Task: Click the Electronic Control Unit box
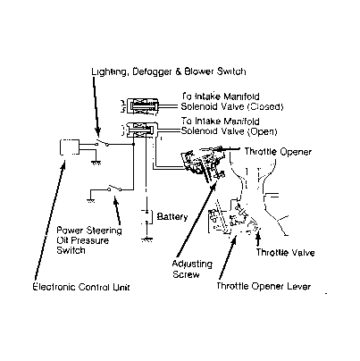point(70,147)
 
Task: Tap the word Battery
point(172,216)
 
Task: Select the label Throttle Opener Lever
point(264,286)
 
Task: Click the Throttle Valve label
point(285,253)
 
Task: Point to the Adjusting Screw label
point(192,269)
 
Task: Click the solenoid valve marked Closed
point(140,105)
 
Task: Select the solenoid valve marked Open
point(139,130)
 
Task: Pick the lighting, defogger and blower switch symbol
point(102,143)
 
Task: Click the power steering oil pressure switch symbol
point(114,188)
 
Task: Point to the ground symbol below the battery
point(147,239)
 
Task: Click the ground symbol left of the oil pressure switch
point(91,200)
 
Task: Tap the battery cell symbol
point(147,216)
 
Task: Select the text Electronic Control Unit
point(81,287)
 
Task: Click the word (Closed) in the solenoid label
point(265,106)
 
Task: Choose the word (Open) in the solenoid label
point(263,131)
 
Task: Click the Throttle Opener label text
point(278,152)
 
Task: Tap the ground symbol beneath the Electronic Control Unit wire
point(96,163)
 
